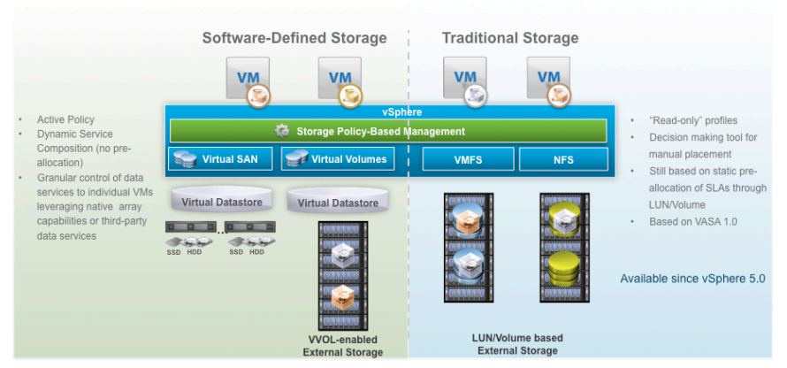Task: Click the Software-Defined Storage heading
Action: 294,38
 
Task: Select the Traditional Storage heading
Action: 510,38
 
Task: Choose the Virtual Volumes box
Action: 337,159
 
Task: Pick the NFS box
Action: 563,160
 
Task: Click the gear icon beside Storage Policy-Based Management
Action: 282,131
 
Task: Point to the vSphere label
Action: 390,112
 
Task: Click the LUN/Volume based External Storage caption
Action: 518,344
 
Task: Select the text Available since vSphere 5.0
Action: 692,279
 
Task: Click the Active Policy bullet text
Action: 65,119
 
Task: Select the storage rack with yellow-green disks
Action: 564,248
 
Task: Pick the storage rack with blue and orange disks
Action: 468,248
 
